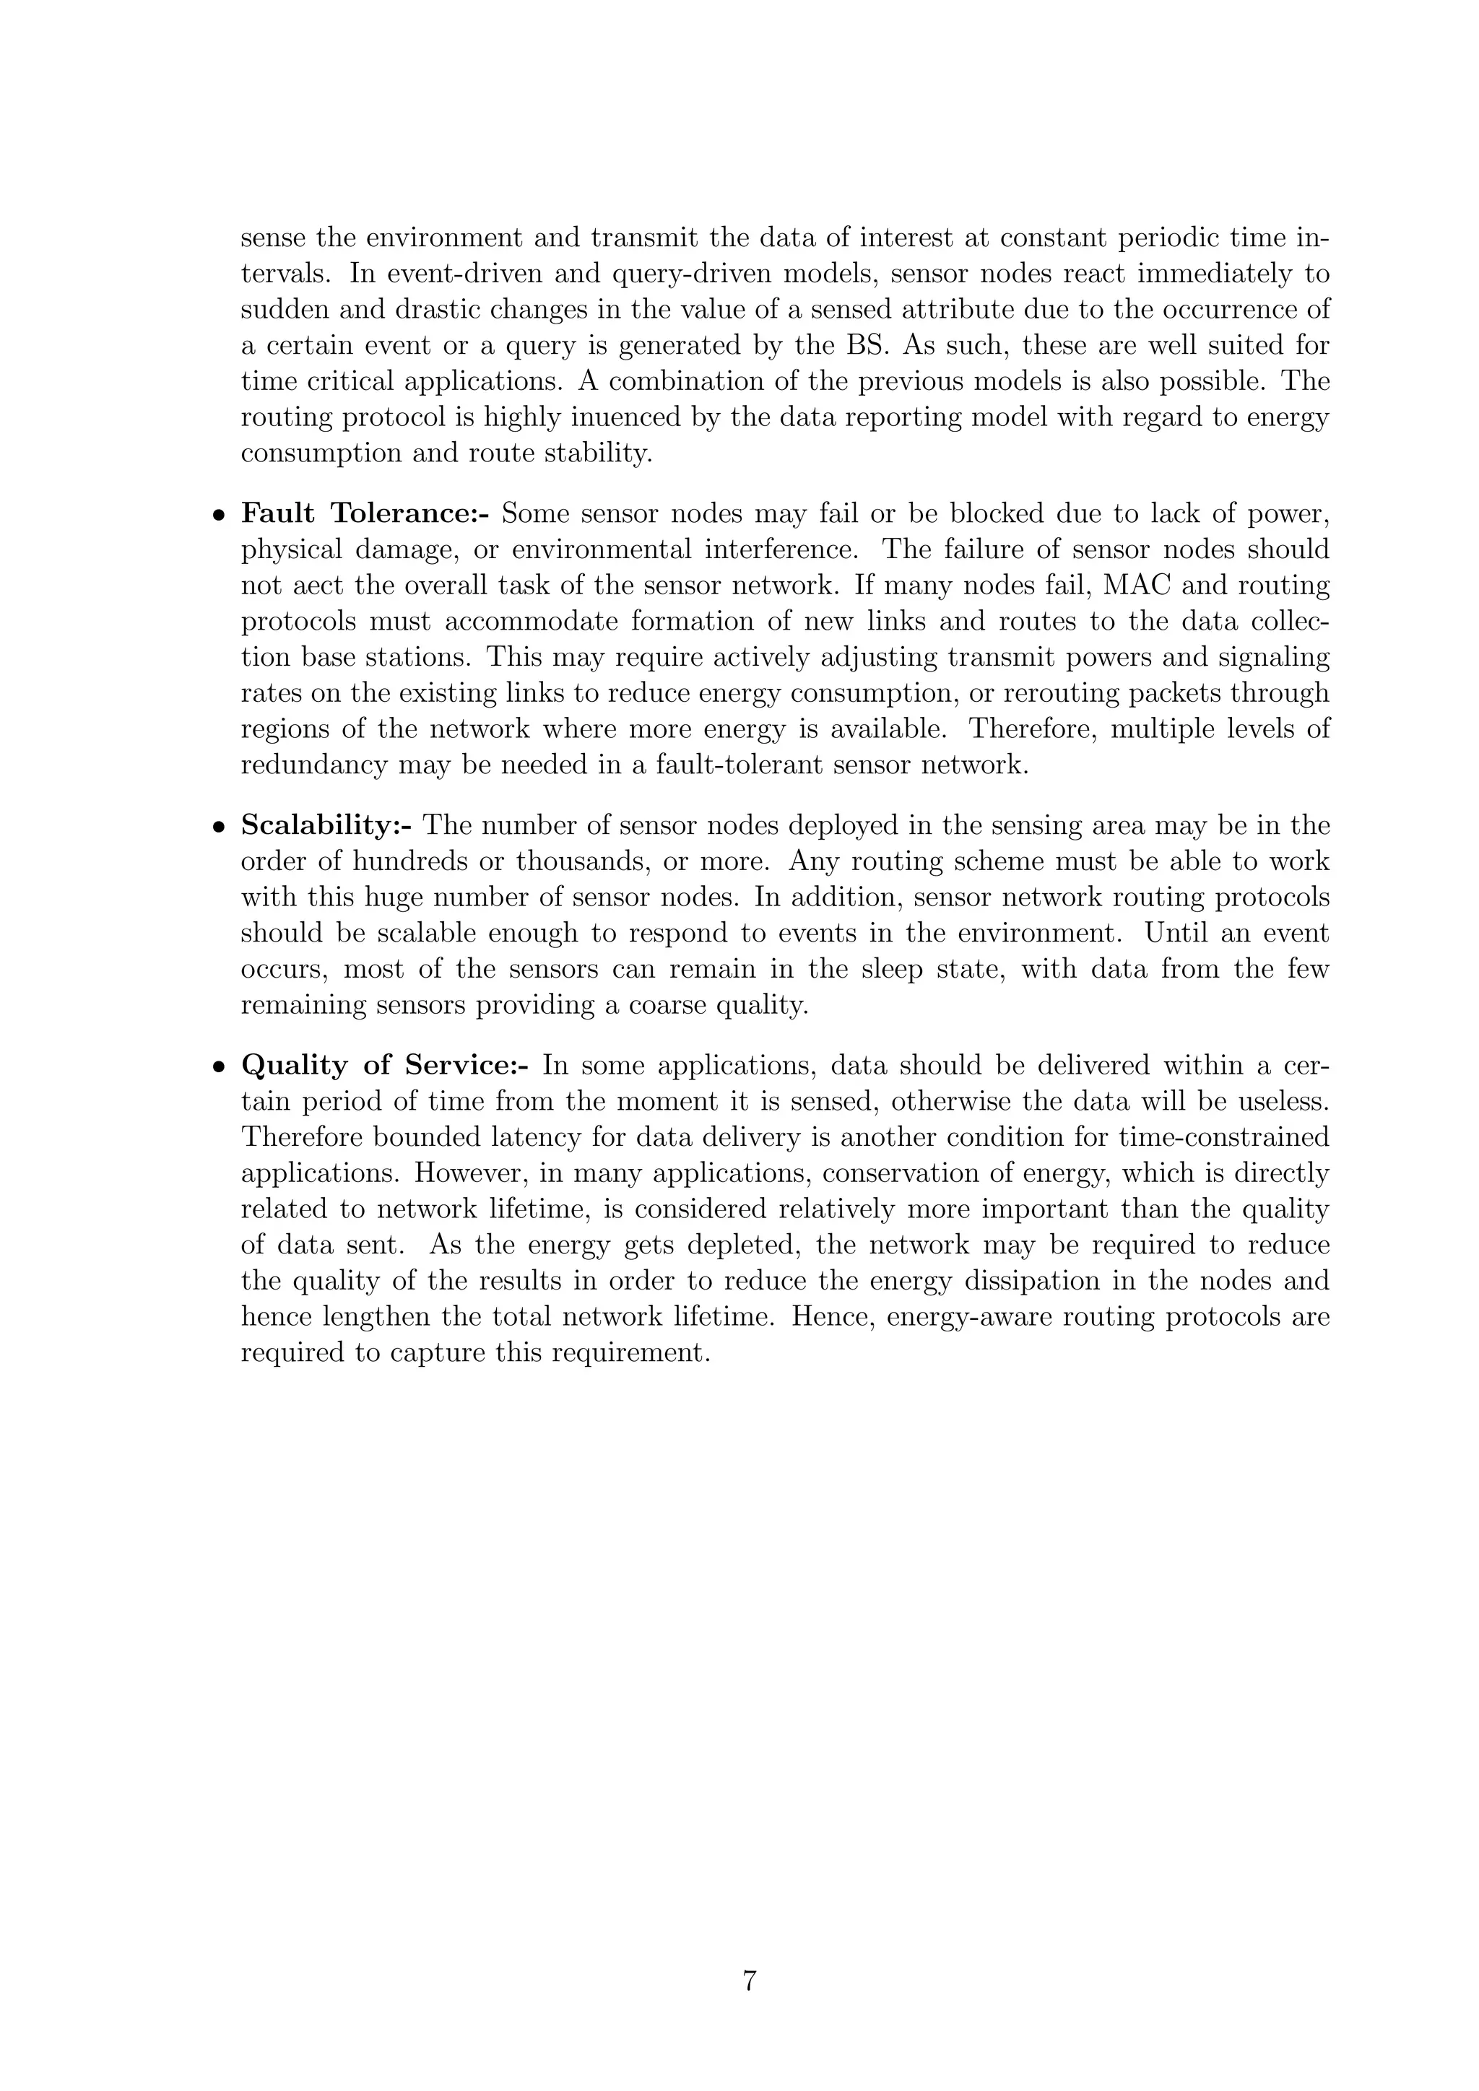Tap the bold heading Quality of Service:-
coord(384,1066)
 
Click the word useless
coord(1284,1102)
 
